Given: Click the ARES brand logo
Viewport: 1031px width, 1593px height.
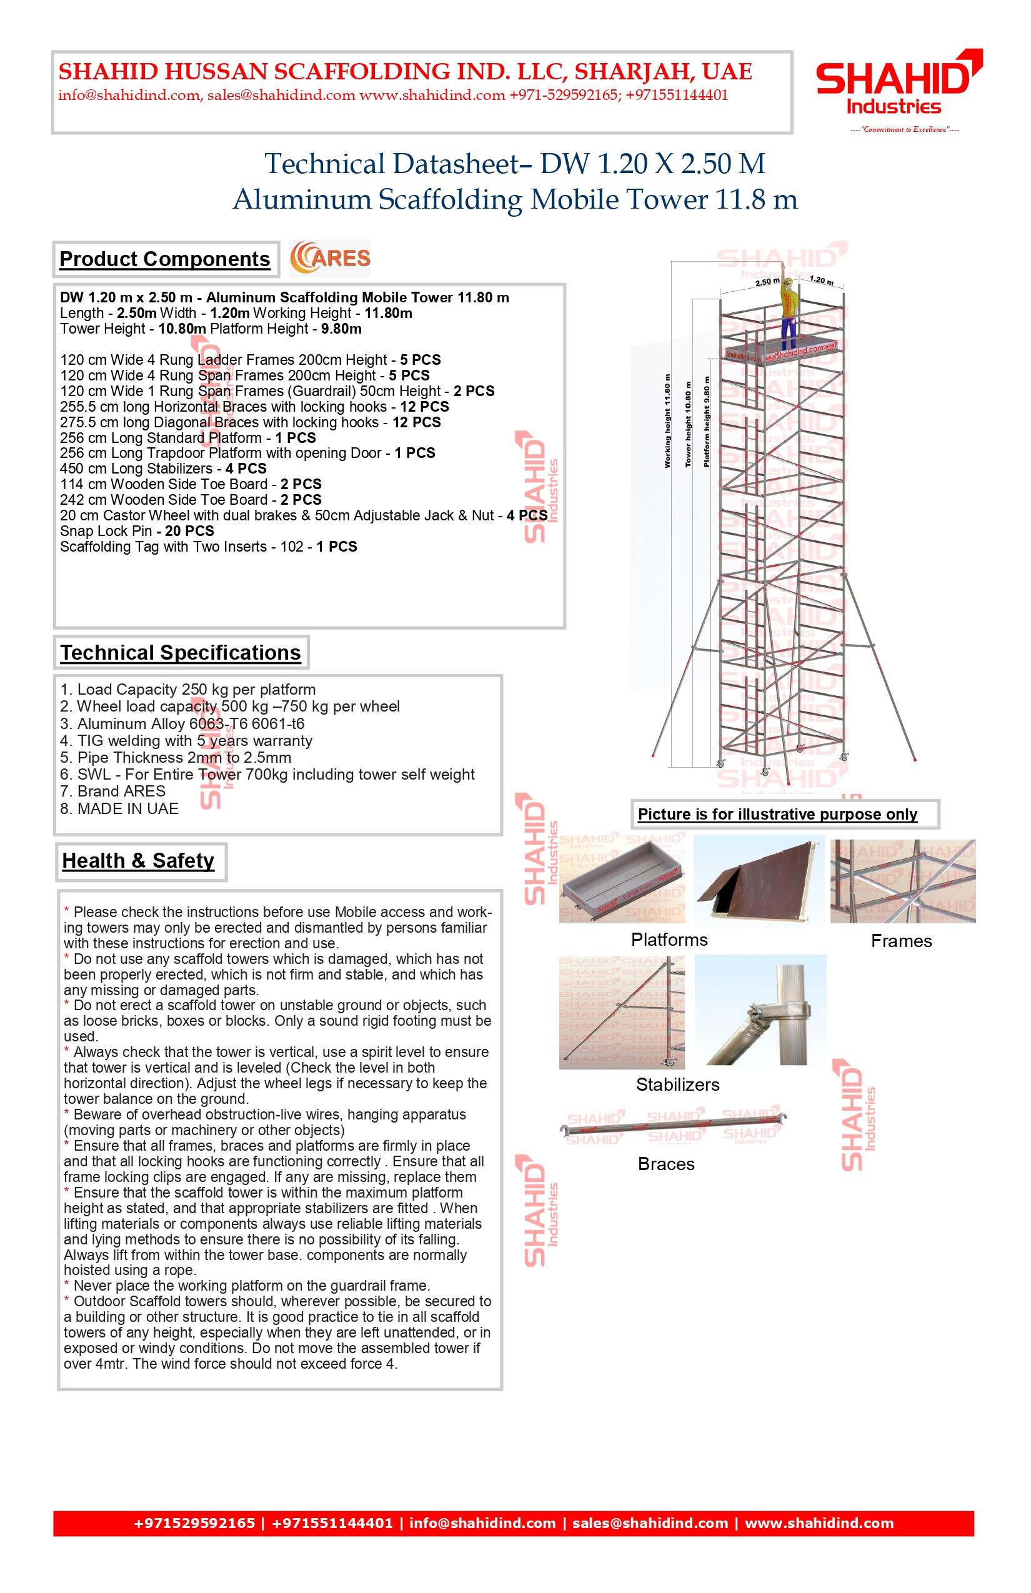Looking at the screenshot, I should (x=330, y=259).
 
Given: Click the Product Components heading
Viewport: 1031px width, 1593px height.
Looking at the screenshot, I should (x=165, y=259).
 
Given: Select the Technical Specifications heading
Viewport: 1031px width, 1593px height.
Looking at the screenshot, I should (x=181, y=653).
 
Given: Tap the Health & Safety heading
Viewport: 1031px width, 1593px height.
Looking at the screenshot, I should (x=139, y=861).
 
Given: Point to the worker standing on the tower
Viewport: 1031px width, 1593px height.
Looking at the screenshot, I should (x=790, y=312).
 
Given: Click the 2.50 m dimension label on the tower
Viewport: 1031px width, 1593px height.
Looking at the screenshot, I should (x=767, y=282).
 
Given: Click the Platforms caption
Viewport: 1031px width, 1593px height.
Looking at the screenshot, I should (x=669, y=940).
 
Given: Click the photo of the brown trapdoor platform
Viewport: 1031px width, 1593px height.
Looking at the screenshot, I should (x=759, y=881).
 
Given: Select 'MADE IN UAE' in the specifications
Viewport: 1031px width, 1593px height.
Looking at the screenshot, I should (x=120, y=808).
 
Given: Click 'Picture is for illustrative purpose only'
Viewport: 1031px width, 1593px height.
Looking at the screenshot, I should (x=777, y=815).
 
